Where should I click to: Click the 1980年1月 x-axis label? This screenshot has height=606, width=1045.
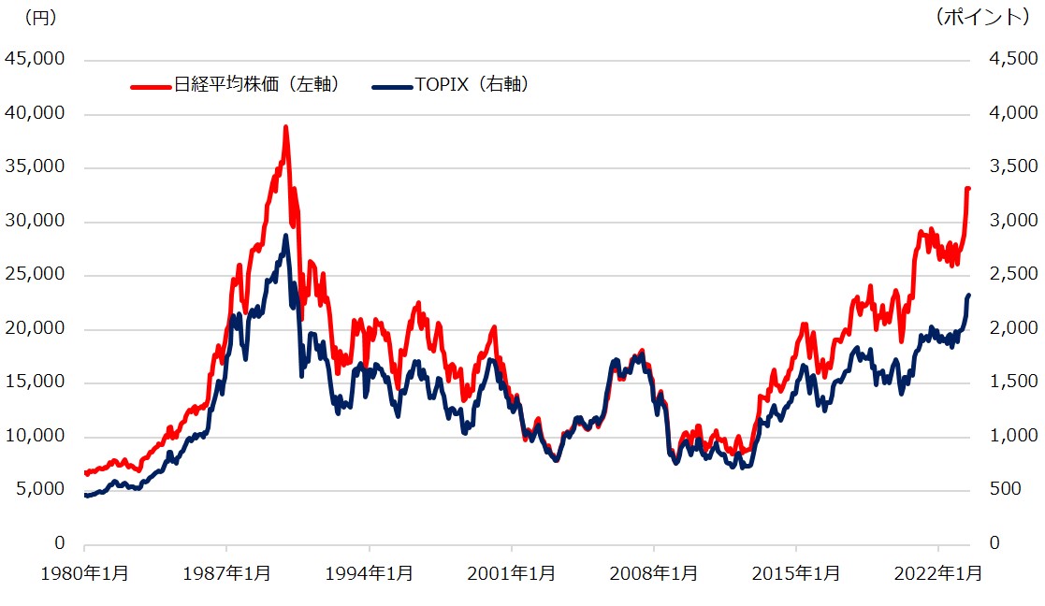click(84, 573)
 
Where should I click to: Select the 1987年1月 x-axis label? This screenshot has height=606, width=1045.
click(226, 573)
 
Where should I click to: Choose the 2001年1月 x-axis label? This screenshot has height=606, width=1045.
click(511, 573)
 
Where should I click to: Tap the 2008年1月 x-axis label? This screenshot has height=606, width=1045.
click(653, 573)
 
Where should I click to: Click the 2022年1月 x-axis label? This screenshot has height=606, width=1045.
click(938, 573)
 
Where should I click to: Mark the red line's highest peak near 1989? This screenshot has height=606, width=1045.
click(285, 127)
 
